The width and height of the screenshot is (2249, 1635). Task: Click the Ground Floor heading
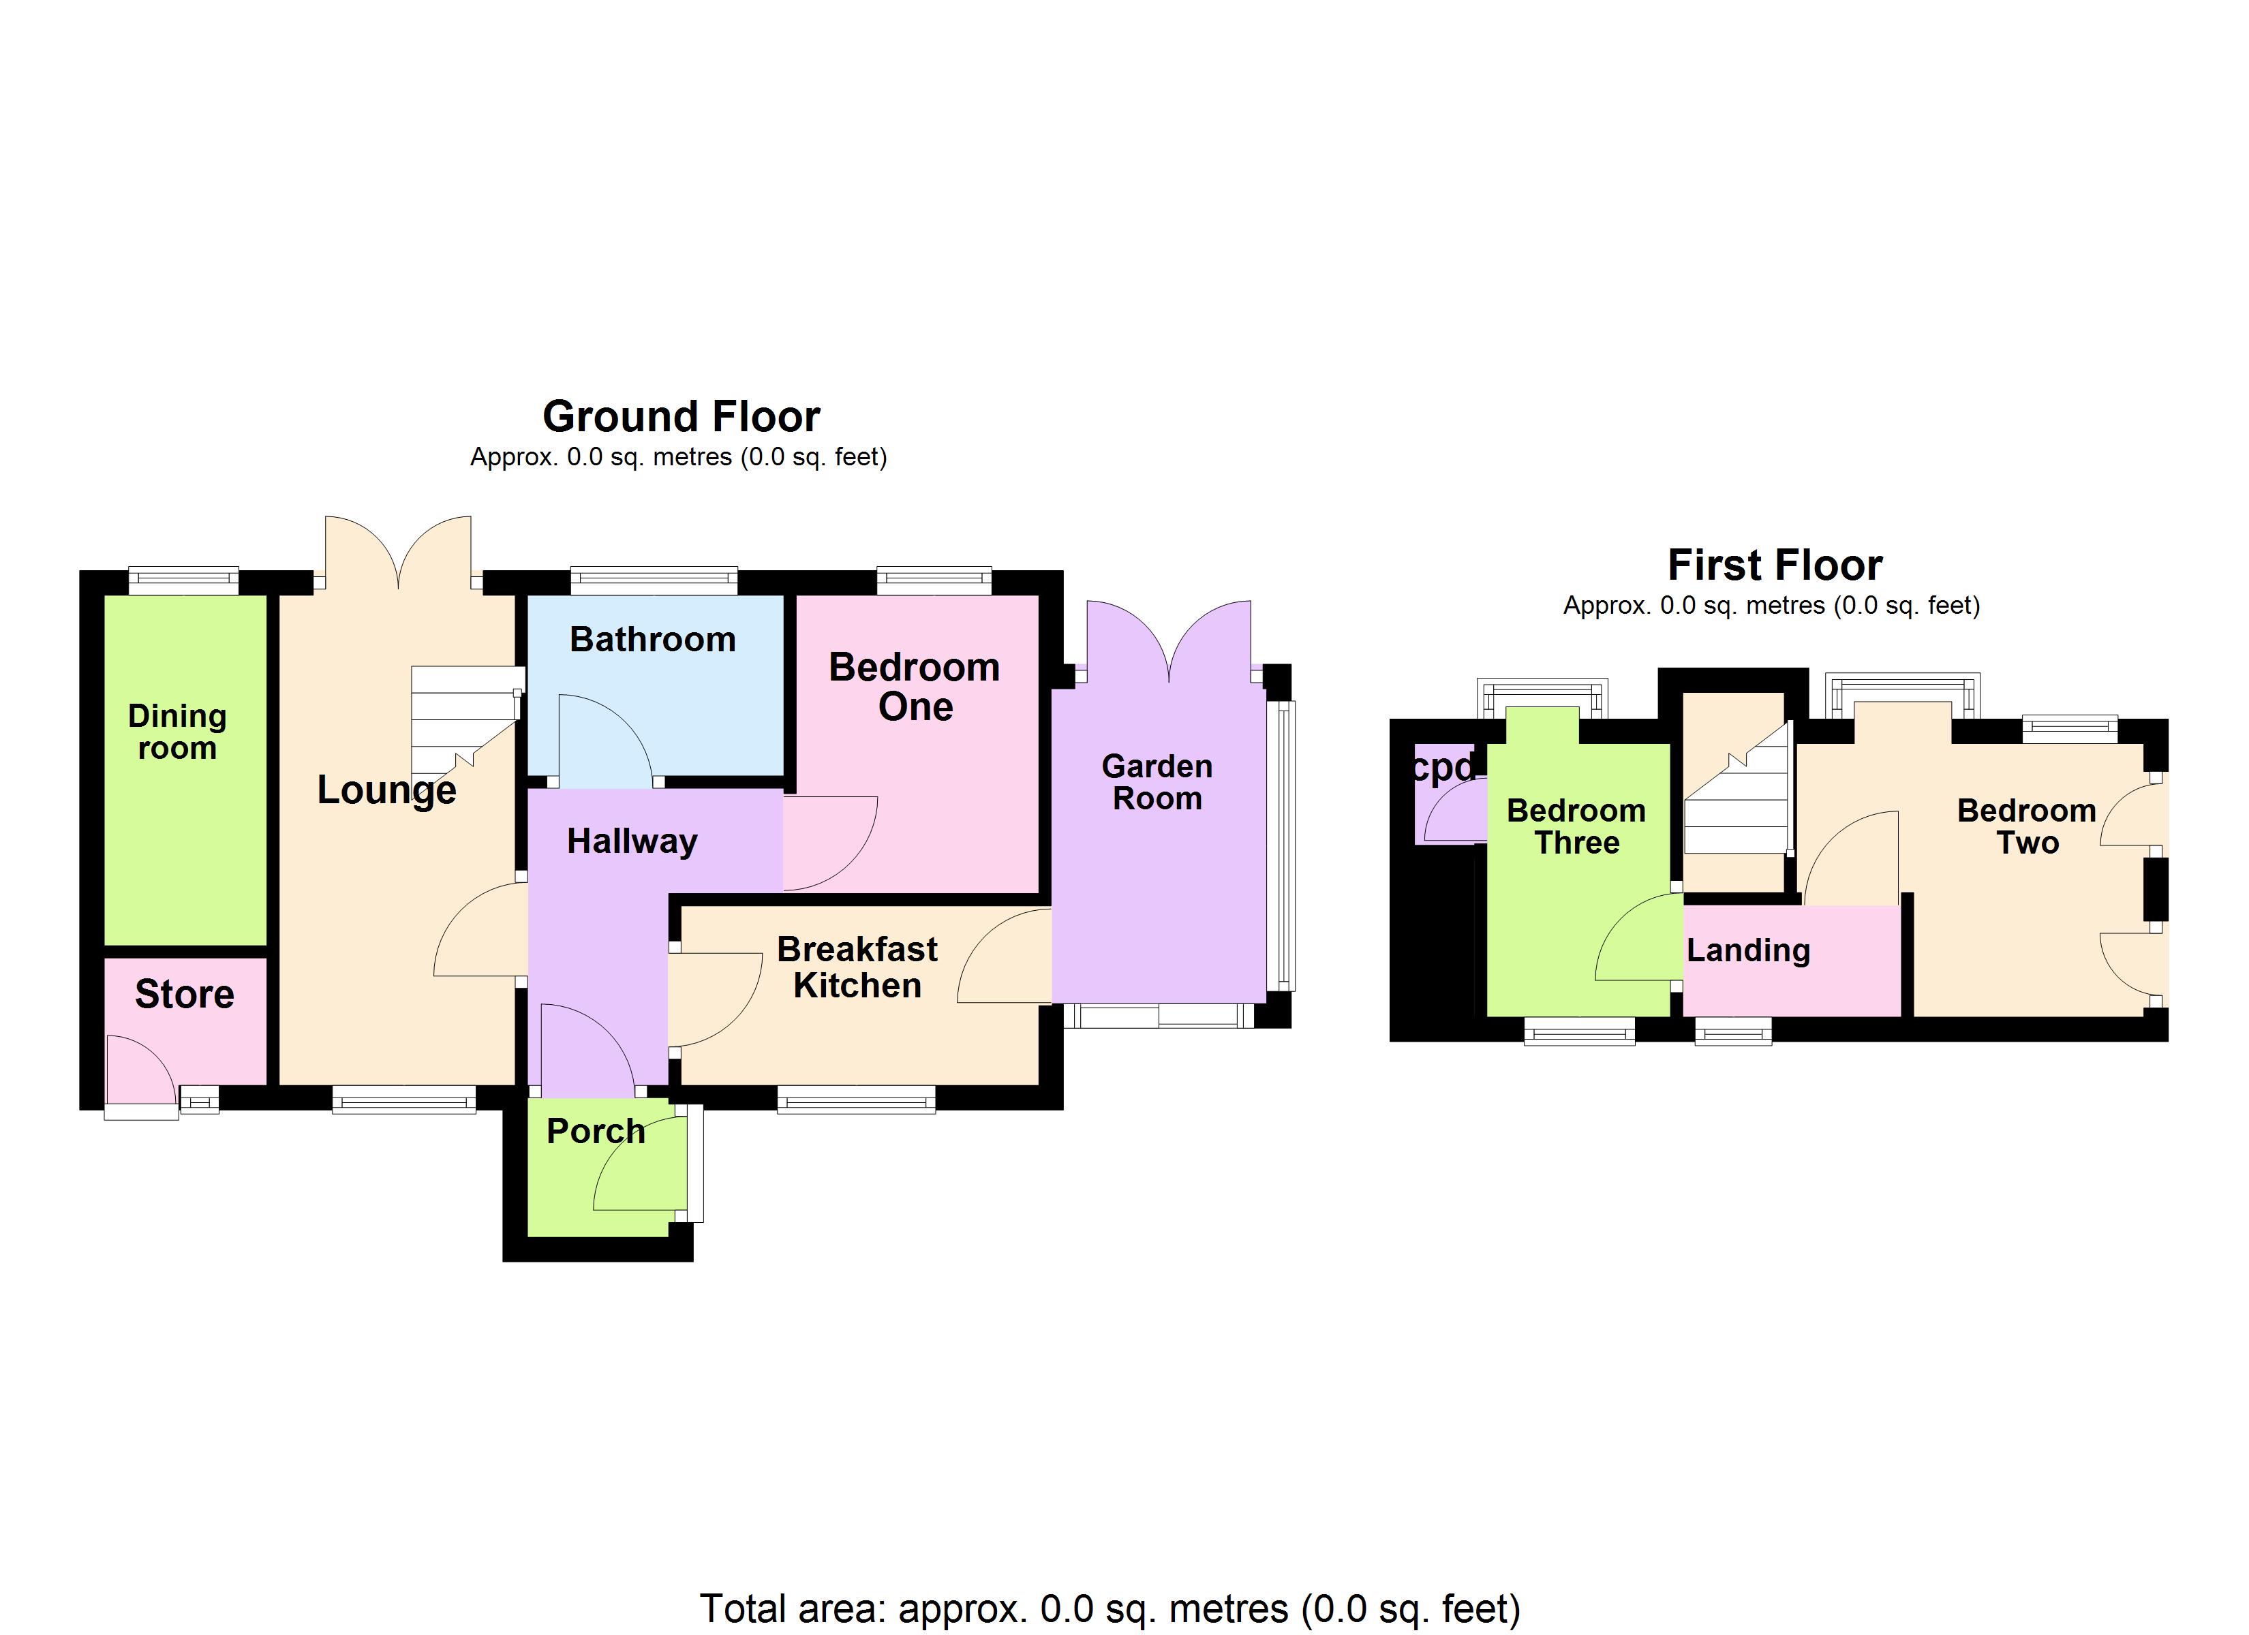tap(682, 416)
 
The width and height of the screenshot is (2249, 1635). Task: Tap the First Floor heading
tap(1774, 565)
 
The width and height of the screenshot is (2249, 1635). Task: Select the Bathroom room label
tap(652, 640)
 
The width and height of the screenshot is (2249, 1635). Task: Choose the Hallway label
tap(632, 841)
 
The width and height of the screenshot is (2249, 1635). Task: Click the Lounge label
tap(386, 790)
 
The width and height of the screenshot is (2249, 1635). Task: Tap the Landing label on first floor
tap(1748, 950)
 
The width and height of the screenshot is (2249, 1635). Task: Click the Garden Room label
tap(1157, 781)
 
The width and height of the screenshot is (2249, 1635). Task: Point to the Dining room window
tap(183, 580)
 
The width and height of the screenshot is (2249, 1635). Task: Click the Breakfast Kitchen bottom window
tap(856, 1100)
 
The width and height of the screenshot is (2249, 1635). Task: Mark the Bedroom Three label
tap(1576, 826)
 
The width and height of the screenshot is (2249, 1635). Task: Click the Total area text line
tap(1110, 1608)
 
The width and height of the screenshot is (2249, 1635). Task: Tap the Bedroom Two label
tap(2026, 826)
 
